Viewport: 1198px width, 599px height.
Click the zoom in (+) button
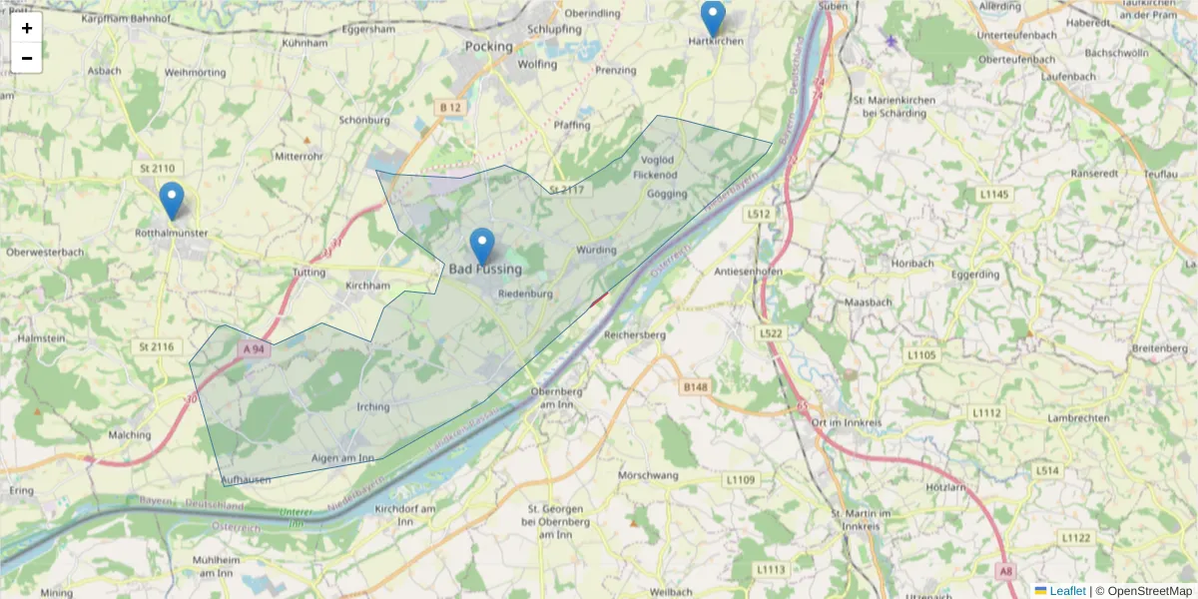tap(27, 28)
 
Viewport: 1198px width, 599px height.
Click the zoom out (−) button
tap(27, 58)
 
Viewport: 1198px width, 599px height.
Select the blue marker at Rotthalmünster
tap(172, 201)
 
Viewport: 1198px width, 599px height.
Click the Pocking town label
tap(489, 46)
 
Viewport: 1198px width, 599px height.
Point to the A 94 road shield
tap(254, 349)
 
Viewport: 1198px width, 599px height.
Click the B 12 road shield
tap(450, 106)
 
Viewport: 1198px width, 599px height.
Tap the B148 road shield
tap(695, 385)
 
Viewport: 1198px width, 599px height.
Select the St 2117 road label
tap(566, 189)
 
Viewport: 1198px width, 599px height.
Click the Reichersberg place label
tap(635, 334)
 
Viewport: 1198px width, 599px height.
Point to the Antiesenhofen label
tap(749, 272)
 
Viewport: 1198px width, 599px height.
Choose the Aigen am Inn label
tap(343, 458)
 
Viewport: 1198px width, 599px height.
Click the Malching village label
tap(130, 434)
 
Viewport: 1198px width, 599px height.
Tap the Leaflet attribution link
tap(1067, 591)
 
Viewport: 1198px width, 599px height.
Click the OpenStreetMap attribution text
tap(1143, 591)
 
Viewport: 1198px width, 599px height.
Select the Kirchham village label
tap(366, 286)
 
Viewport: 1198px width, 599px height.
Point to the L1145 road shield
tap(994, 194)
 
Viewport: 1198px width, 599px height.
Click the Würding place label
tap(596, 250)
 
